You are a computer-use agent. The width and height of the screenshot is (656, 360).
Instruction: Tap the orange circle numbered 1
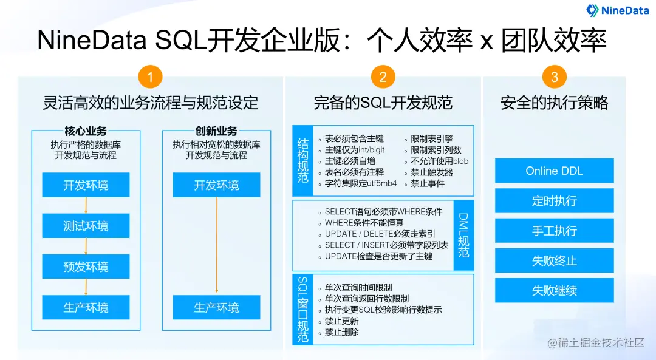149,77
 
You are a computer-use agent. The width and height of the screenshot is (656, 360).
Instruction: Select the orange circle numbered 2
383,77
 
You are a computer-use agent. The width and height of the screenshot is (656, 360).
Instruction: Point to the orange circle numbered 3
554,77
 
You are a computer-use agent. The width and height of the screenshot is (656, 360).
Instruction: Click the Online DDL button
554,171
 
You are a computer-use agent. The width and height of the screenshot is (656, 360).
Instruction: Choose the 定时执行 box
554,200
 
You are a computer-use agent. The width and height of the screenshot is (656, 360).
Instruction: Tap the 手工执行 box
554,231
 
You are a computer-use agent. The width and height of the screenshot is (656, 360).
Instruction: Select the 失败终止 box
554,260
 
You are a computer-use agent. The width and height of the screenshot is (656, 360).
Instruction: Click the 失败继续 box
554,290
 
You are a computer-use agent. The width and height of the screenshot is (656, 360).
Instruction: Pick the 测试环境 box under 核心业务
86,226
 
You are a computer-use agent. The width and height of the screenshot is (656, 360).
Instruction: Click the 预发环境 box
86,267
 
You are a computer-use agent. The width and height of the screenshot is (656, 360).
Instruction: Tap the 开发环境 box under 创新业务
216,185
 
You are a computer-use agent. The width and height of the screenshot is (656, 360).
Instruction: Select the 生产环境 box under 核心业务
86,308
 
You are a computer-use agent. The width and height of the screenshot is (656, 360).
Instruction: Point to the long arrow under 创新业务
217,246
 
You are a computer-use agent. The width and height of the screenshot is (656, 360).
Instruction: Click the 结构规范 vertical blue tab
302,160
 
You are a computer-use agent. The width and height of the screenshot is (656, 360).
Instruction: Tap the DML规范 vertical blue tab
463,235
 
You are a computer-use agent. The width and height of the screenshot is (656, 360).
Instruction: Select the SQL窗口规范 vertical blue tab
302,310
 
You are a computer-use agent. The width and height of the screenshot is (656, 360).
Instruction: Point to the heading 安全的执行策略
554,103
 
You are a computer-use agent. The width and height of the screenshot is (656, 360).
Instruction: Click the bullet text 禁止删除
341,332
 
